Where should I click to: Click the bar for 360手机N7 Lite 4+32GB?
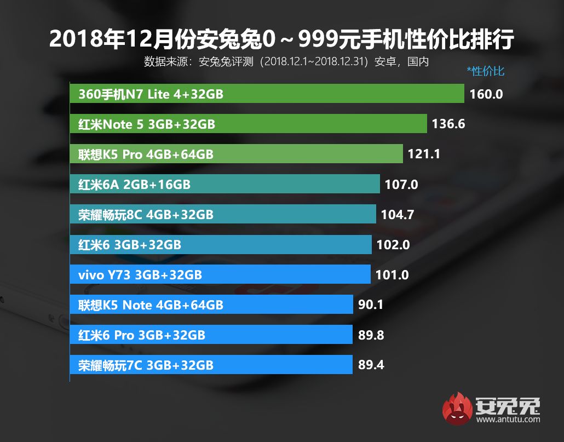coord(267,94)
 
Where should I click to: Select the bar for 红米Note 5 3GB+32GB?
coord(248,124)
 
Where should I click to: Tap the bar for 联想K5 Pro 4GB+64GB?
coord(236,154)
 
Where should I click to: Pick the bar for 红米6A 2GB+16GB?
coord(225,184)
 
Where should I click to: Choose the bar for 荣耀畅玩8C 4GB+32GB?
coord(223,214)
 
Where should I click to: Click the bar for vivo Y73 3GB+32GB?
coord(220,274)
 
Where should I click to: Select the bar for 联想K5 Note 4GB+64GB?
coord(211,304)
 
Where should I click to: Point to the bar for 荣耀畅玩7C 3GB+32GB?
coord(211,364)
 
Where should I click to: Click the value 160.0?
coord(486,94)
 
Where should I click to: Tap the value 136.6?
coord(448,124)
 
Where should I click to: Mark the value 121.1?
coord(424,154)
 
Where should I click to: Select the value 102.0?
coord(393,245)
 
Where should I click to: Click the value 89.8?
coord(371,335)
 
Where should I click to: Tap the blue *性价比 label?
coord(485,71)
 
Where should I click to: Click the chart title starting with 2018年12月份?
coord(282,39)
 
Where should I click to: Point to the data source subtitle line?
coord(286,61)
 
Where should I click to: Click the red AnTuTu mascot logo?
coord(458,409)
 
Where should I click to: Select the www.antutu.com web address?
coord(508,420)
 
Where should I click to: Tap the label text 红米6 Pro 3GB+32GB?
coord(142,335)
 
